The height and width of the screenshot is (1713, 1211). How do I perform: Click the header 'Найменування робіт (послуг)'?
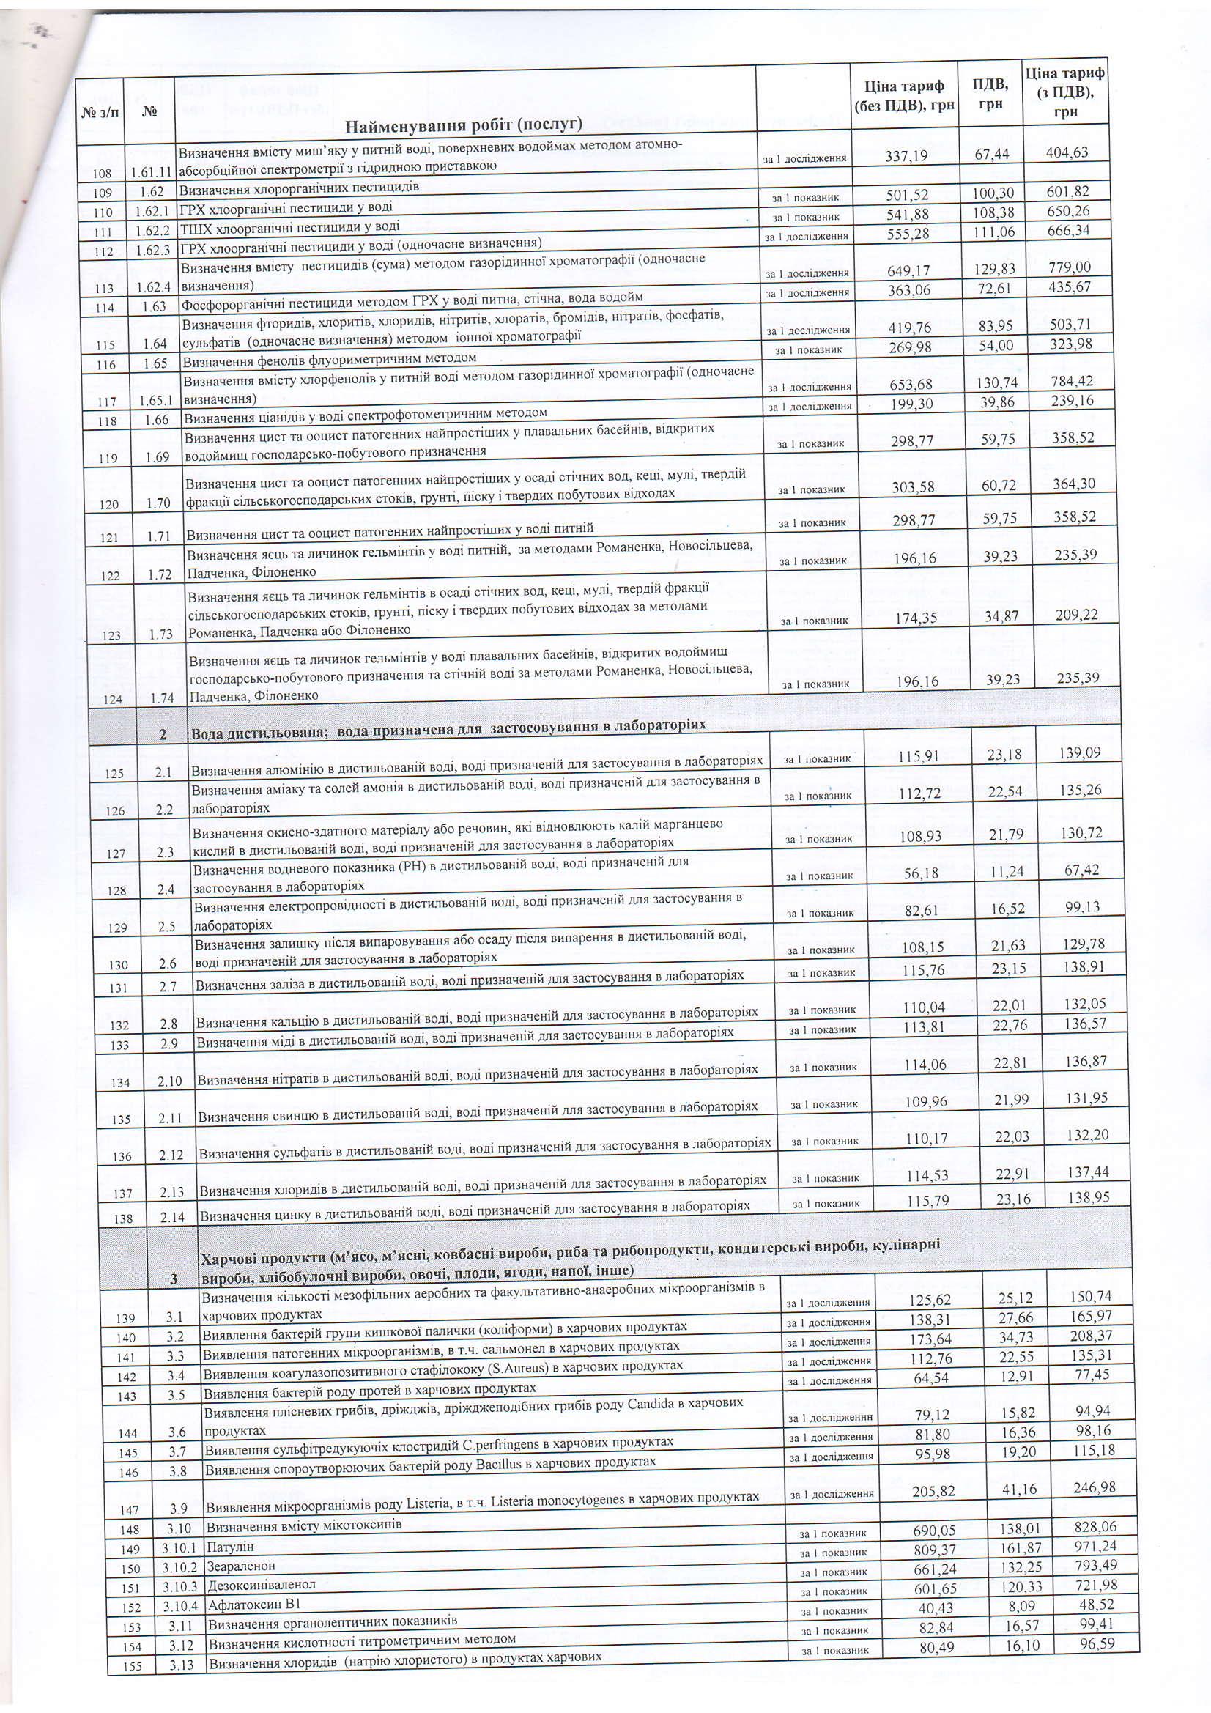[x=463, y=123]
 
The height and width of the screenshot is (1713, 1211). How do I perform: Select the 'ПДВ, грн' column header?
[x=990, y=93]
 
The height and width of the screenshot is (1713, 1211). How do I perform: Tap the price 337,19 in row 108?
[x=906, y=155]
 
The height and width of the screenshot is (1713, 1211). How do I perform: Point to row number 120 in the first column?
[x=109, y=504]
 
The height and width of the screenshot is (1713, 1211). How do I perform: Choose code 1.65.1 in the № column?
[x=155, y=401]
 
